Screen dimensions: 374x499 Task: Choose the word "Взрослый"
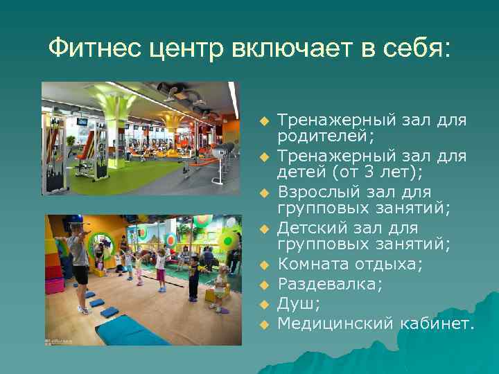click(x=312, y=191)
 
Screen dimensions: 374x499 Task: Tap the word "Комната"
click(x=310, y=265)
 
